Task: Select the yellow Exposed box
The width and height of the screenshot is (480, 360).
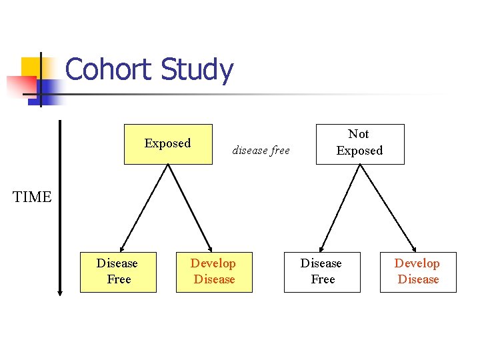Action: (168, 143)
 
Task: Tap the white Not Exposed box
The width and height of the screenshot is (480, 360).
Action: (359, 143)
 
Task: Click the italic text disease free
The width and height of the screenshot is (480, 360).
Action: (261, 151)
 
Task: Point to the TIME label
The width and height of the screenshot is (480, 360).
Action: (32, 197)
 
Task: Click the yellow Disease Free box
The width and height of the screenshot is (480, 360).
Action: (118, 272)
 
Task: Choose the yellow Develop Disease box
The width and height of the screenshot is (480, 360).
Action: (214, 272)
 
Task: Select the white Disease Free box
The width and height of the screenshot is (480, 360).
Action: (322, 272)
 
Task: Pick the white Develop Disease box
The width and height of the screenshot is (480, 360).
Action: (418, 272)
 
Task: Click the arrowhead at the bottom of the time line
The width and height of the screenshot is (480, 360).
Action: (60, 291)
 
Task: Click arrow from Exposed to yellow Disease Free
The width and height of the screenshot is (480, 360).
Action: (144, 207)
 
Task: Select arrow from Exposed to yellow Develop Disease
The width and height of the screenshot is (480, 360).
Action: (190, 207)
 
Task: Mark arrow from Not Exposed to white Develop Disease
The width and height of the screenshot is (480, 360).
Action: (387, 207)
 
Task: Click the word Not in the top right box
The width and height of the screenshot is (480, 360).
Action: (359, 134)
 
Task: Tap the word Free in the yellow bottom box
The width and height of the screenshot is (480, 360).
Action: (119, 279)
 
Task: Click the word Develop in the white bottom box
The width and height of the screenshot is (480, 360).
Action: (417, 263)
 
